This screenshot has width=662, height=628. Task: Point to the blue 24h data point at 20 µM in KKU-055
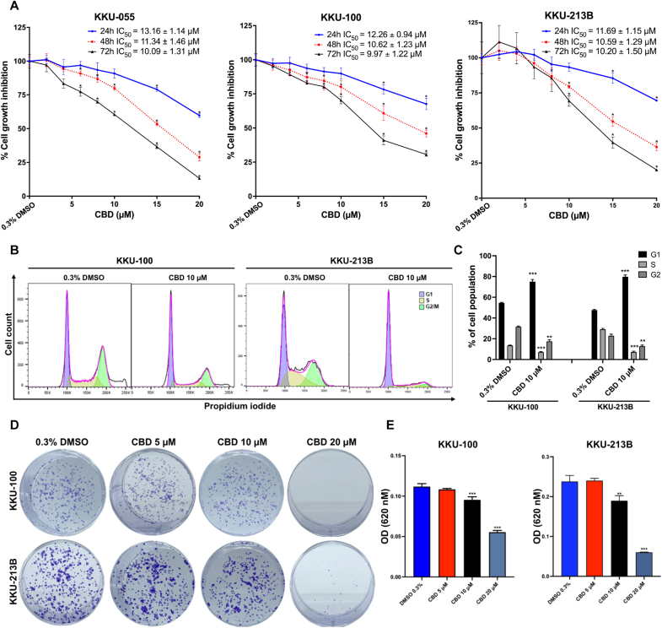point(199,115)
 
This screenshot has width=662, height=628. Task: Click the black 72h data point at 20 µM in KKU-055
point(199,177)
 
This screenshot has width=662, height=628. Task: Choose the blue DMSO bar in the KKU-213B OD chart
point(570,528)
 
